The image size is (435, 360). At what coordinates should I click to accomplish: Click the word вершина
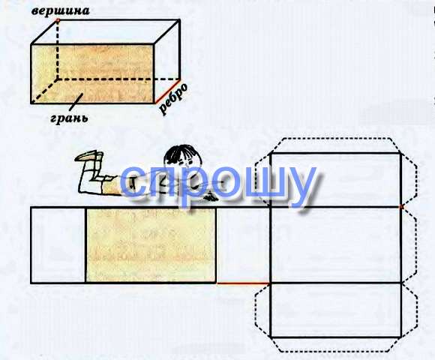tap(61, 10)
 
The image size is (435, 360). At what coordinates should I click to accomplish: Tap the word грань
tap(69, 118)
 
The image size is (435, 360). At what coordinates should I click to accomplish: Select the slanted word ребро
tap(173, 98)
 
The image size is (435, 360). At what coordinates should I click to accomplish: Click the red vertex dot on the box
tap(58, 20)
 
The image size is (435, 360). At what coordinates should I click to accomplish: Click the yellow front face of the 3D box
tap(92, 73)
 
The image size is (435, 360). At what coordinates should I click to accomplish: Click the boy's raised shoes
tap(88, 157)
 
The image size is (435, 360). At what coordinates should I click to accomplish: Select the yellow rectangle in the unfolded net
tap(151, 245)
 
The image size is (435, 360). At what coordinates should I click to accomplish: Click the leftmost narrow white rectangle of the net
tap(58, 245)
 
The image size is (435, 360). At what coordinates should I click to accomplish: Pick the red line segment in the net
tap(243, 283)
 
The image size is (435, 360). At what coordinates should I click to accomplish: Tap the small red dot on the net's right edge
tap(401, 207)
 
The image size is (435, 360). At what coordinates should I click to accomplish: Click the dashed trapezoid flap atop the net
tap(336, 145)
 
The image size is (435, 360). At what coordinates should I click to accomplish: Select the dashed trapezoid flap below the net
tap(336, 345)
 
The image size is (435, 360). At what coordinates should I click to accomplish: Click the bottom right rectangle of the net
tap(336, 310)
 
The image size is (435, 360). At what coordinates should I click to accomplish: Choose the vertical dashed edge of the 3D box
tap(58, 50)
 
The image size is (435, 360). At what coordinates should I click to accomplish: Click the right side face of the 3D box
tap(167, 61)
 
